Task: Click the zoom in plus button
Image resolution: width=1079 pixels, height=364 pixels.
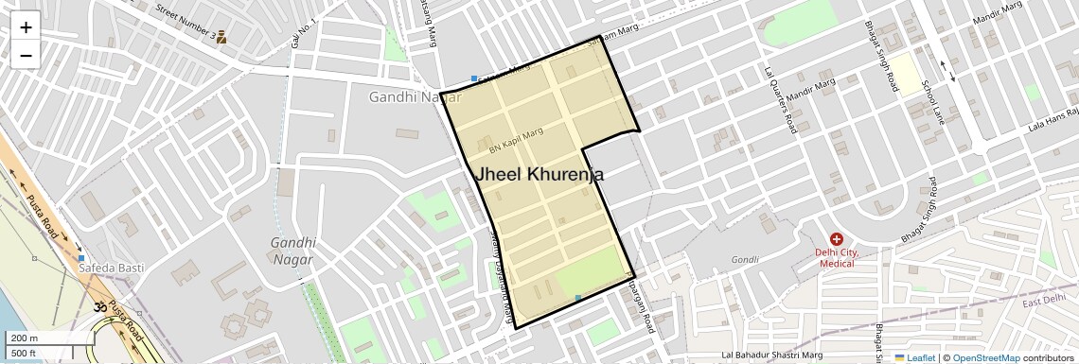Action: (26, 27)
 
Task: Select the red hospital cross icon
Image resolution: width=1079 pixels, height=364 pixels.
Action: (837, 239)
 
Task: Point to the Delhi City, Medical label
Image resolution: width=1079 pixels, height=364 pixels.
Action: (837, 257)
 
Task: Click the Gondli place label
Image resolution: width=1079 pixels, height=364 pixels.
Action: (745, 260)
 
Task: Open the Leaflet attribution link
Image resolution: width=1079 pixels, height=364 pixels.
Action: (915, 357)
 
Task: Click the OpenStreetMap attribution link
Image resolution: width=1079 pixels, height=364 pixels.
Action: (985, 357)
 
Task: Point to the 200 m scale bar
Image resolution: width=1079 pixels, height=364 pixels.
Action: (26, 338)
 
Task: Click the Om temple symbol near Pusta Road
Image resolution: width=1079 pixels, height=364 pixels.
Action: (98, 306)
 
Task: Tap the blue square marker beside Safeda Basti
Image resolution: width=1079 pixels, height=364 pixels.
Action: (81, 258)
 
